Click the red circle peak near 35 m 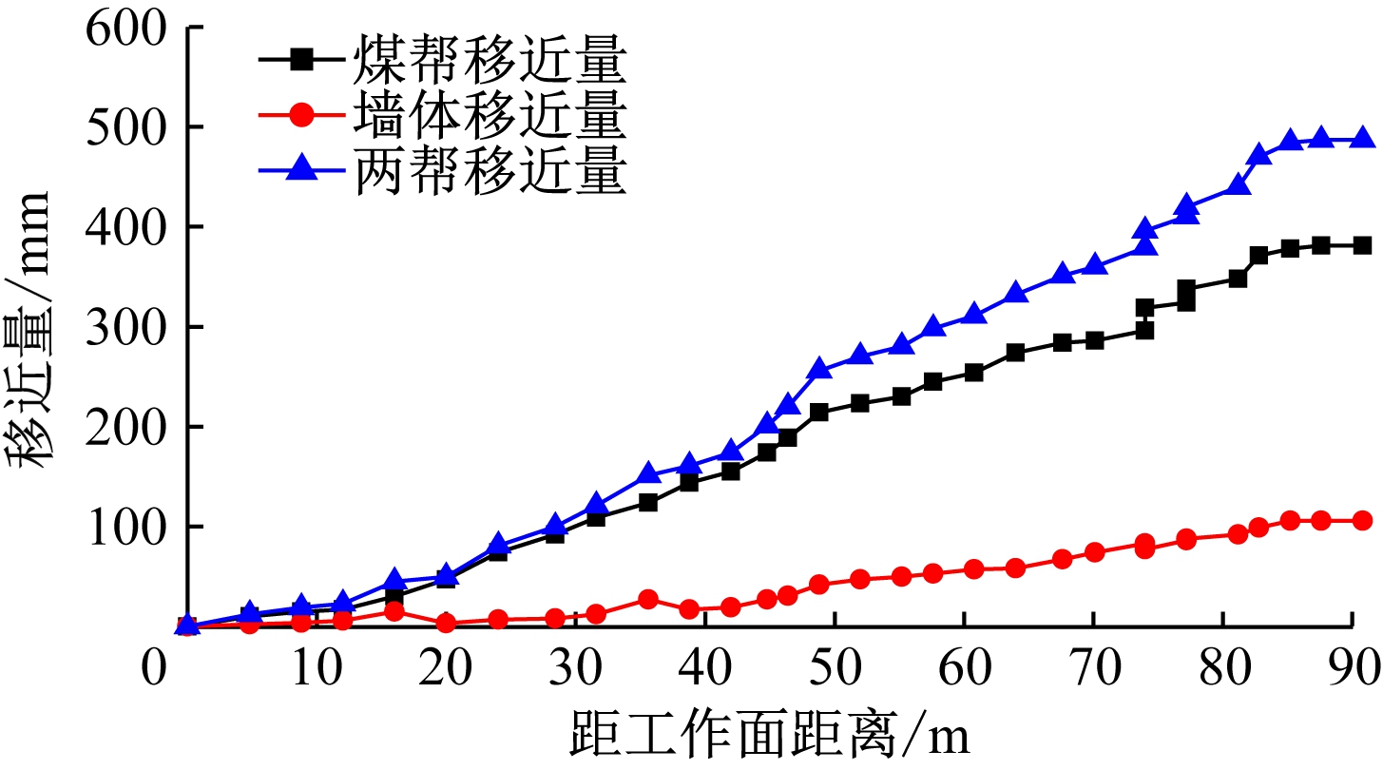pyautogui.click(x=648, y=600)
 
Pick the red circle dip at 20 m pyautogui.click(x=446, y=624)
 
